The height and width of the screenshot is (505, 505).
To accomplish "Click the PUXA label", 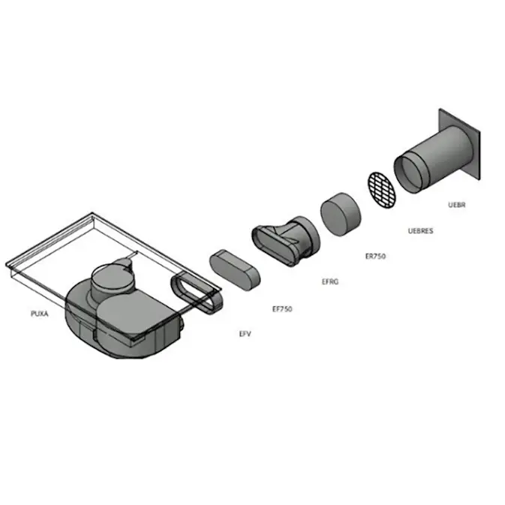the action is (x=39, y=314).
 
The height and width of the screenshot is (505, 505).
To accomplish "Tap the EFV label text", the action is (x=245, y=334).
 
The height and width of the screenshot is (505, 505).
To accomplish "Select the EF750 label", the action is (x=282, y=309).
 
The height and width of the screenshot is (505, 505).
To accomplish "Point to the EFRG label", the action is (x=330, y=282).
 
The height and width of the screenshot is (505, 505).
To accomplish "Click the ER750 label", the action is (x=375, y=257).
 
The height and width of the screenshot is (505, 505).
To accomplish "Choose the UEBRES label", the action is (x=420, y=231).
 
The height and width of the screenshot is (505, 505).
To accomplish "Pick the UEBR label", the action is (x=457, y=205).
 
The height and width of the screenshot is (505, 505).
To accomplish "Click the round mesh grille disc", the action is (x=382, y=190).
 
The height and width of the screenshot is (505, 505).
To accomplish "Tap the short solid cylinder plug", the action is (x=341, y=215).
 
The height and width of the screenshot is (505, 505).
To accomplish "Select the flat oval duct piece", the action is (x=235, y=270).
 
